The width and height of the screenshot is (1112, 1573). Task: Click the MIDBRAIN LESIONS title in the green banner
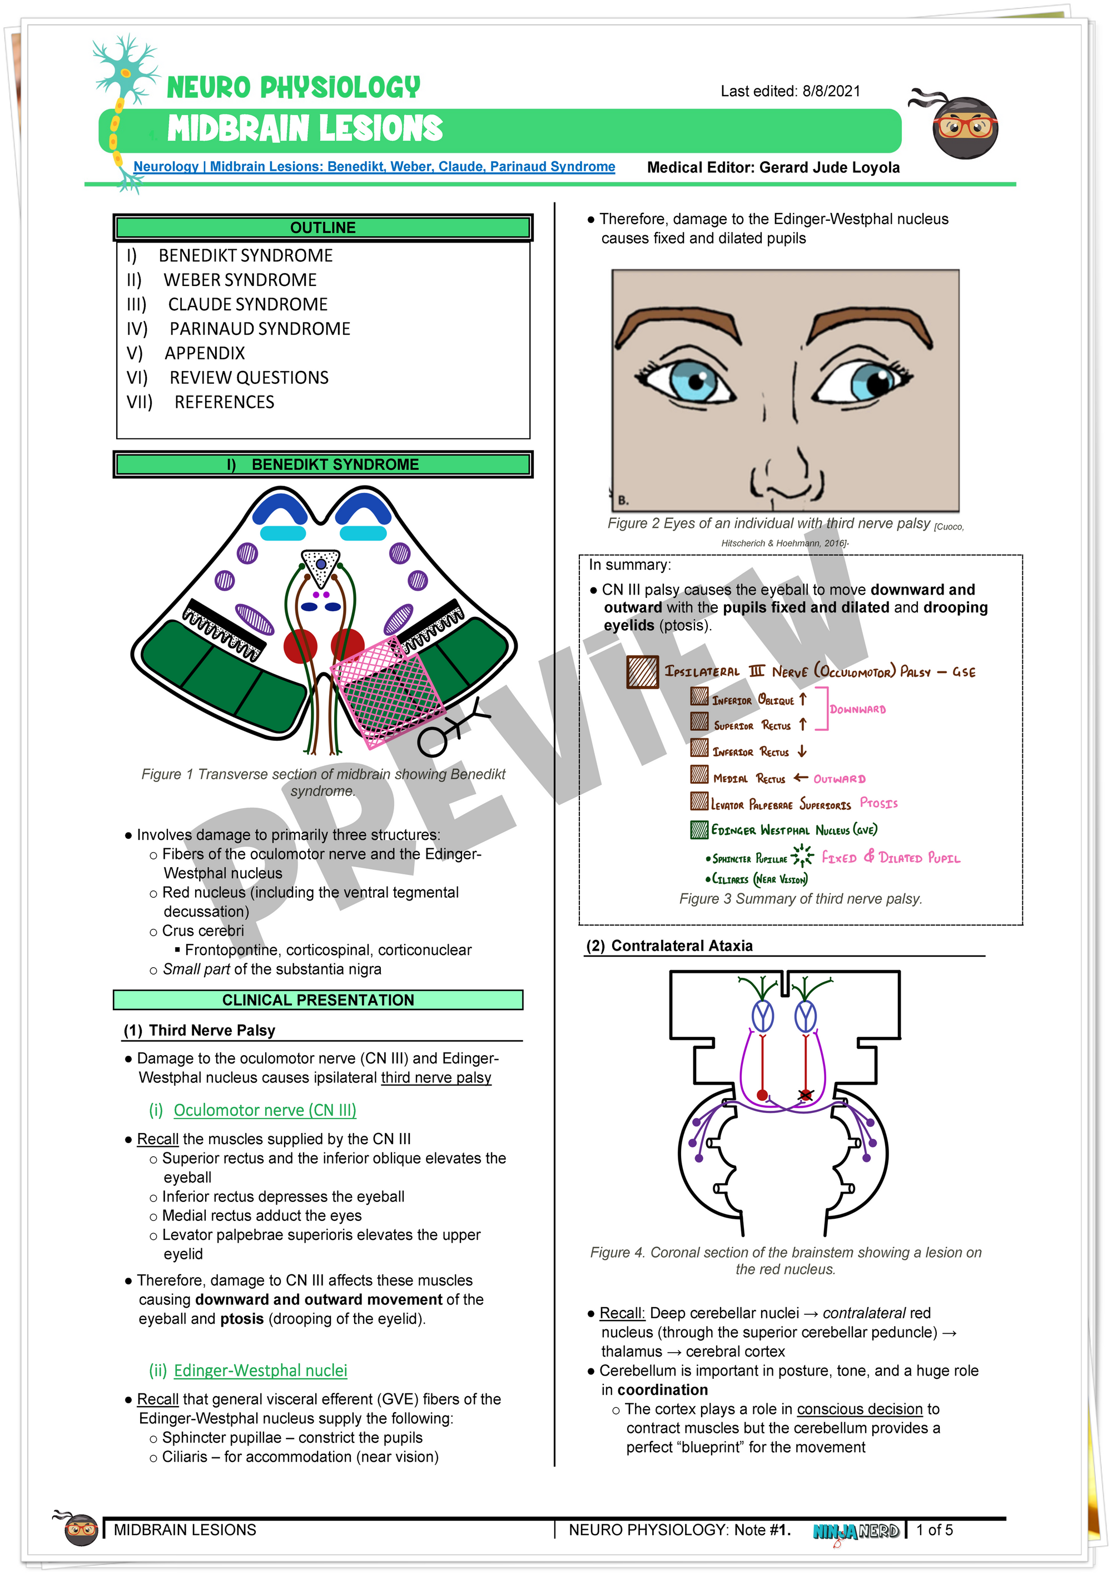click(305, 129)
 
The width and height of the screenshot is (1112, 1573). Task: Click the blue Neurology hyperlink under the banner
click(374, 166)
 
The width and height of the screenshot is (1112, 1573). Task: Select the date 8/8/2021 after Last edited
click(831, 91)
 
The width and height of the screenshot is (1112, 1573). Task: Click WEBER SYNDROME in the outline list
click(240, 280)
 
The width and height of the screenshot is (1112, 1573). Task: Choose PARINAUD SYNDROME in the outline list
click(260, 329)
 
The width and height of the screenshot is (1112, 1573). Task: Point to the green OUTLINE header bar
click(322, 227)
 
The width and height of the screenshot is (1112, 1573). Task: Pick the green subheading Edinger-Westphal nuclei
click(260, 1370)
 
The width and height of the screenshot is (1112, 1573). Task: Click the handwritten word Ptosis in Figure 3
click(878, 803)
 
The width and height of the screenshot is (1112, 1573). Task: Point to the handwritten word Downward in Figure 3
click(857, 710)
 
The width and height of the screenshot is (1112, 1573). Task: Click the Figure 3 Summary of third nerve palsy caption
click(801, 899)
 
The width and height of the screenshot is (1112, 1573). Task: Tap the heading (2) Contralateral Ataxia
click(669, 946)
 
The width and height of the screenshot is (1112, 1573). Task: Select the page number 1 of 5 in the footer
click(934, 1530)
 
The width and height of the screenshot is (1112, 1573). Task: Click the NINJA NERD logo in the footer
click(856, 1531)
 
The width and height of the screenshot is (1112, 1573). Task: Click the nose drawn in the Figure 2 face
click(787, 473)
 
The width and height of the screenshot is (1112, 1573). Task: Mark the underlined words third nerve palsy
click(436, 1077)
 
